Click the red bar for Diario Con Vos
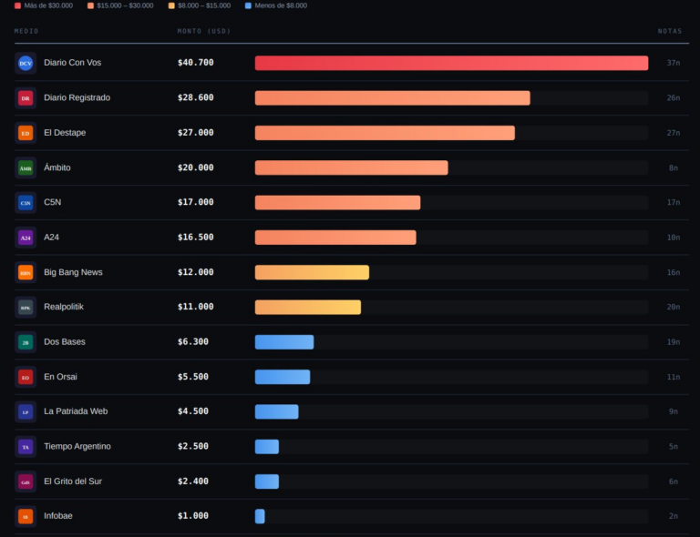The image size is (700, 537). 451,63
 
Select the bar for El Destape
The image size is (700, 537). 385,133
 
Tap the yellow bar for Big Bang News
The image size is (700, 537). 312,272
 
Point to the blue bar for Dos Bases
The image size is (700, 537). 284,342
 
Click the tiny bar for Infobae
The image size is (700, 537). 260,516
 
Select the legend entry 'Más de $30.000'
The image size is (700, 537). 44,5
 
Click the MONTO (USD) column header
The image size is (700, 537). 204,31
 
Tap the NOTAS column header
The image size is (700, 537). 670,31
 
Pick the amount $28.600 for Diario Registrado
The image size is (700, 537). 196,97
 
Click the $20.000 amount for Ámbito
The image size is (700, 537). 196,167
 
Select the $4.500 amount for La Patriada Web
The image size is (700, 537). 193,411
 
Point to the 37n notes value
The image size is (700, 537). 674,63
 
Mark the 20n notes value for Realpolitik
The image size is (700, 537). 674,307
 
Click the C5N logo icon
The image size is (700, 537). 26,202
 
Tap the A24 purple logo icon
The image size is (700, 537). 26,238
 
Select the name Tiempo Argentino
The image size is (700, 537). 77,446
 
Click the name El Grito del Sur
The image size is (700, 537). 73,481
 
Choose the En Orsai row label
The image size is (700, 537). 62,377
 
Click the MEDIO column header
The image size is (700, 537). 26,31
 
